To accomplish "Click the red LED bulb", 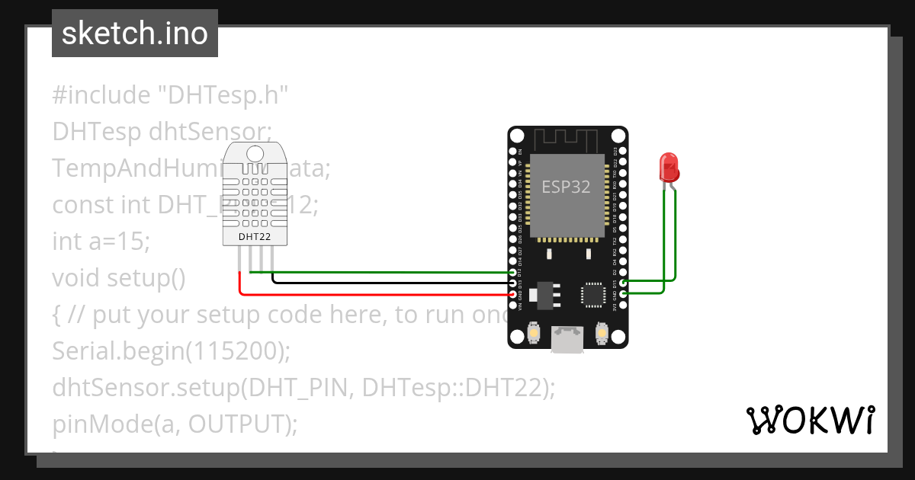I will pyautogui.click(x=669, y=166).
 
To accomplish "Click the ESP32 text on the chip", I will pyautogui.click(x=566, y=187).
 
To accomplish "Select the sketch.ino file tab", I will pyautogui.click(x=135, y=34).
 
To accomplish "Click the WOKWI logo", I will pyautogui.click(x=810, y=421).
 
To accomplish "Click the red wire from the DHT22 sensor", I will pyautogui.click(x=374, y=294).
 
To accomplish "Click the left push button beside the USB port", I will pyautogui.click(x=534, y=333).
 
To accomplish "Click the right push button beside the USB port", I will pyautogui.click(x=602, y=333).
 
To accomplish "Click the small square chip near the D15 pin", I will pyautogui.click(x=594, y=296).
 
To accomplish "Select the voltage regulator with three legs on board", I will pyautogui.click(x=544, y=294).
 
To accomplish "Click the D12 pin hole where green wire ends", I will pyautogui.click(x=513, y=272).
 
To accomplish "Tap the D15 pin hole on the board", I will pyautogui.click(x=624, y=283).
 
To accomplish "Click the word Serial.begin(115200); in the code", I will pyautogui.click(x=172, y=351).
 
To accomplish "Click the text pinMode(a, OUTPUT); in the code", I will pyautogui.click(x=175, y=424).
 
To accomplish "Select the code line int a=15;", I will pyautogui.click(x=101, y=242).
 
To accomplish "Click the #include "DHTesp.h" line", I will pyautogui.click(x=171, y=95).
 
